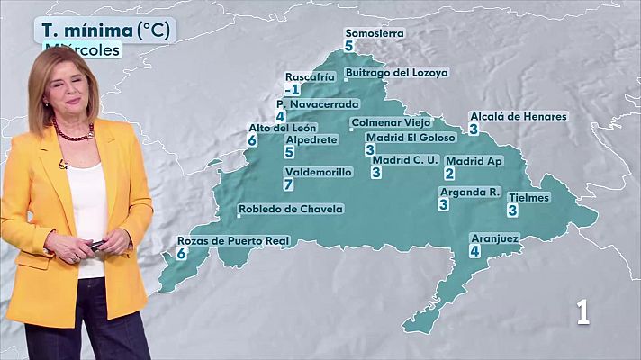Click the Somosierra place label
375,33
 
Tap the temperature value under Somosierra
348,45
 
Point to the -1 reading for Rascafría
291,90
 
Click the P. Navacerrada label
318,103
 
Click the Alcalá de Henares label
519,117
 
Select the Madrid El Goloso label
404,138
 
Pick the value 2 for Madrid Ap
449,173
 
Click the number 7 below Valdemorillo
288,184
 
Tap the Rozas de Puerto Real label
231,241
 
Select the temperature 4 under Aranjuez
474,251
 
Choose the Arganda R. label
469,193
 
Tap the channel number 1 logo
583,311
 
